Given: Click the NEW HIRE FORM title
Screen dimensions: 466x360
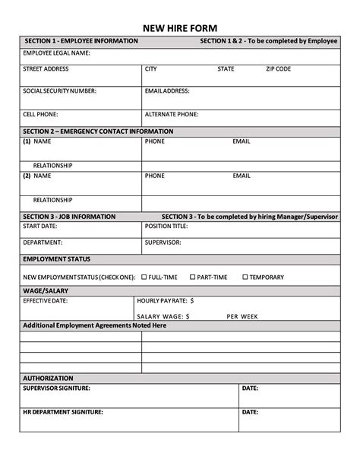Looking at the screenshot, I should [179, 23].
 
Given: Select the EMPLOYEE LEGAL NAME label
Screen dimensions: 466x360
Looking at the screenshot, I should [57, 53].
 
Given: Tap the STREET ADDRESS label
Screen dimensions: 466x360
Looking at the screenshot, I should [46, 69].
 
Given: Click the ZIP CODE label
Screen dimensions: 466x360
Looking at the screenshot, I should [278, 69].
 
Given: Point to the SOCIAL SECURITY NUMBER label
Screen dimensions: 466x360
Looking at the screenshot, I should [60, 91].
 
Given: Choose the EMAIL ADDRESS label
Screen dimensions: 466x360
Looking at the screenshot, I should [167, 91].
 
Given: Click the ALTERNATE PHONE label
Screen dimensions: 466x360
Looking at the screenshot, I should [172, 114].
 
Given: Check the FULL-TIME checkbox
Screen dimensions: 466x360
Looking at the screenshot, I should [144, 277].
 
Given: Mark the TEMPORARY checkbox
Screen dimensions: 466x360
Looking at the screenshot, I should [245, 277].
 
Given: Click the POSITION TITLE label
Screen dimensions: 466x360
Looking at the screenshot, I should [166, 227].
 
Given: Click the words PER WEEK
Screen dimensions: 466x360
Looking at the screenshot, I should [243, 315].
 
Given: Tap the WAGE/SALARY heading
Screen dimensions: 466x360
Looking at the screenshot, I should [45, 290].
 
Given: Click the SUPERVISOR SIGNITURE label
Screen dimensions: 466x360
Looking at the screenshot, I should [57, 388].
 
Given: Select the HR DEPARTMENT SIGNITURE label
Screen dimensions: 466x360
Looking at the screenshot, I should [63, 412].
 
